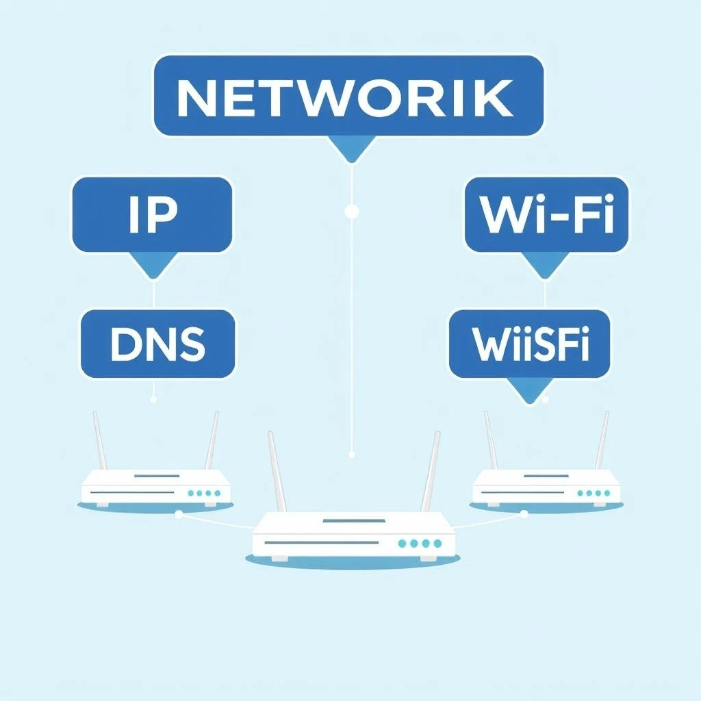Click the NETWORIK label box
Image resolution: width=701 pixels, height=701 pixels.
click(348, 96)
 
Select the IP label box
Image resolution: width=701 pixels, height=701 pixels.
click(152, 214)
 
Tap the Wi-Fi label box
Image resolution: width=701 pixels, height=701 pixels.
click(546, 214)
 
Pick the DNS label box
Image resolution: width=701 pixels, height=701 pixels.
click(157, 344)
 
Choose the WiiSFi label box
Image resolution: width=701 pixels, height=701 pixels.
click(529, 344)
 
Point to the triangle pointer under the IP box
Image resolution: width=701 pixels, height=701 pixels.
click(153, 264)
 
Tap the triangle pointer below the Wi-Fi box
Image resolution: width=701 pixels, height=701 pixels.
click(545, 264)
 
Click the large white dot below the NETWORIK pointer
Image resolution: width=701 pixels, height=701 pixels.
click(352, 212)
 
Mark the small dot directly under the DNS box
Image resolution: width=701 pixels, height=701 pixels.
click(153, 398)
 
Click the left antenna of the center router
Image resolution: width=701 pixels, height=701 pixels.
click(277, 472)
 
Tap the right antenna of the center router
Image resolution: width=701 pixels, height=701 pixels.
click(431, 472)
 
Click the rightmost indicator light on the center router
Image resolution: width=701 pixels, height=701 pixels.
click(436, 543)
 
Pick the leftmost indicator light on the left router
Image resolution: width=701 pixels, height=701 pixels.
click(190, 493)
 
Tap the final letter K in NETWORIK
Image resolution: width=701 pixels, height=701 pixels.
click(493, 99)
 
